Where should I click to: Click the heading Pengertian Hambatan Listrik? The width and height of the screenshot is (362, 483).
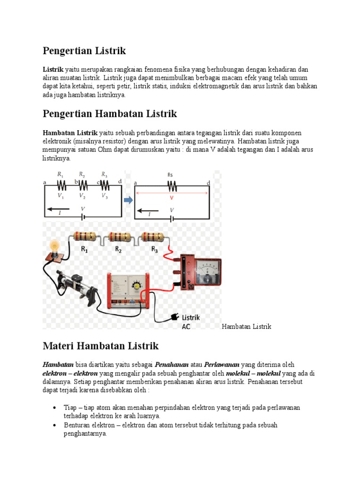tap(109, 114)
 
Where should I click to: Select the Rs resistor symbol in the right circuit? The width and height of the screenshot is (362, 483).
tap(170, 184)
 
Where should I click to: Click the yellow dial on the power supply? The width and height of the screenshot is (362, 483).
tap(137, 286)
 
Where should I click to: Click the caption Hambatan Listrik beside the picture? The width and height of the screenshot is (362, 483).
tap(247, 326)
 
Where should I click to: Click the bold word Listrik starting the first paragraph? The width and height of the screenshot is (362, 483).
tap(53, 69)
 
